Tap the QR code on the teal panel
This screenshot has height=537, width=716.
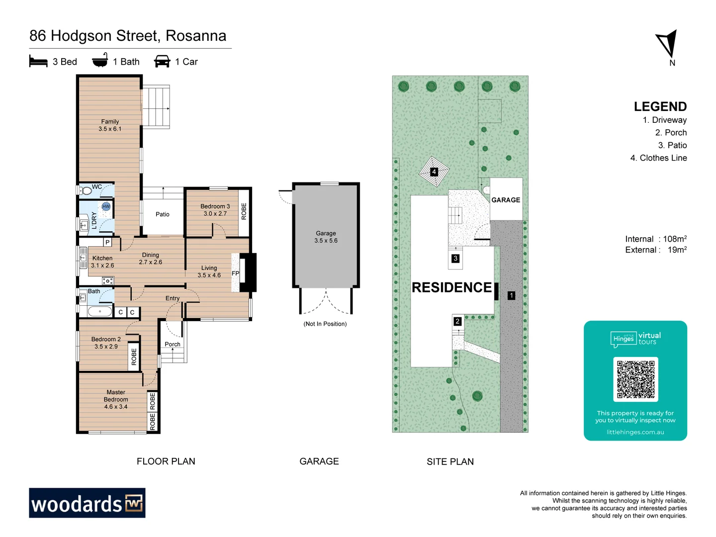635,379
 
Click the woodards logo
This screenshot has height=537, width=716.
87,503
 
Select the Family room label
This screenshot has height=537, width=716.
110,121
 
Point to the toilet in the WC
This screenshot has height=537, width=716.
87,190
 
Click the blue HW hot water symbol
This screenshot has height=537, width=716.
106,206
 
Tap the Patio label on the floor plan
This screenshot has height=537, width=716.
162,214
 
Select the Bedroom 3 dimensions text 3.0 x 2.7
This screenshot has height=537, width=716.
215,214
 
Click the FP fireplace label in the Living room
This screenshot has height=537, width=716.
235,273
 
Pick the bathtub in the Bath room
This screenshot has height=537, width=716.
100,312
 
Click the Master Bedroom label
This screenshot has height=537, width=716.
116,396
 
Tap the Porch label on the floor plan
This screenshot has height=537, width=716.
173,344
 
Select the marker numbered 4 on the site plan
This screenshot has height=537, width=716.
434,172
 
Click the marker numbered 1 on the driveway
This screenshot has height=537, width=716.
511,295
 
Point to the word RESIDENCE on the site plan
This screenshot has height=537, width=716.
451,287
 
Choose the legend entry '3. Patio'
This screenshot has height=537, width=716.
672,145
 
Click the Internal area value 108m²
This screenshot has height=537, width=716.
675,239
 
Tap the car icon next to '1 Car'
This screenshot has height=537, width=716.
162,61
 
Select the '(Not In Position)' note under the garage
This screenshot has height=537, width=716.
325,324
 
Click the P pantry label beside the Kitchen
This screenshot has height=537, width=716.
107,242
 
